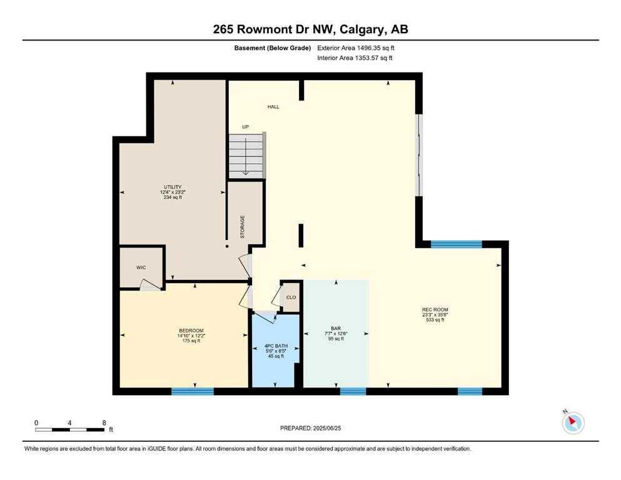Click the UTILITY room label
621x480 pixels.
coord(173,187)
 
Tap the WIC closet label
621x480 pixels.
coord(141,267)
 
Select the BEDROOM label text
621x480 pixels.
coord(191,331)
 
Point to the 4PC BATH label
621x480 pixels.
coord(276,346)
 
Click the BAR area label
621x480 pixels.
coord(336,329)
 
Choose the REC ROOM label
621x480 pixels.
coord(435,309)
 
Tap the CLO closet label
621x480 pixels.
coord(291,297)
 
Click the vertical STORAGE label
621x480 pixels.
coord(243,227)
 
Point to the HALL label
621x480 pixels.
coord(273,107)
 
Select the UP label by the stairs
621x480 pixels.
coord(246,127)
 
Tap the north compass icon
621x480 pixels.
coord(573,422)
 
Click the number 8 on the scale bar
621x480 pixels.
coord(104,422)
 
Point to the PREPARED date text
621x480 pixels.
coord(310,428)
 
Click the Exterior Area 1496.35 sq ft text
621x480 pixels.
coord(356,48)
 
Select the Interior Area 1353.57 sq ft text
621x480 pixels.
coord(355,57)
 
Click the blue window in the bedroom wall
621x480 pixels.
coord(193,391)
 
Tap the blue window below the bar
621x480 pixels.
coord(353,391)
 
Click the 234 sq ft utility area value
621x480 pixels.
coord(173,197)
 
